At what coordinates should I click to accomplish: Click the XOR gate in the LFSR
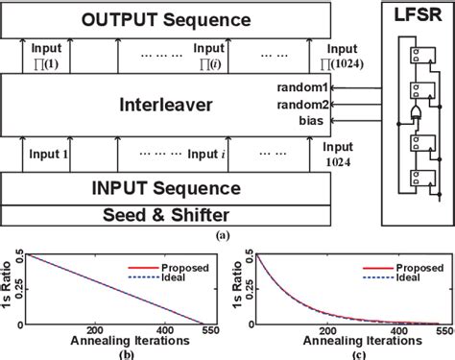tap(415, 112)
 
